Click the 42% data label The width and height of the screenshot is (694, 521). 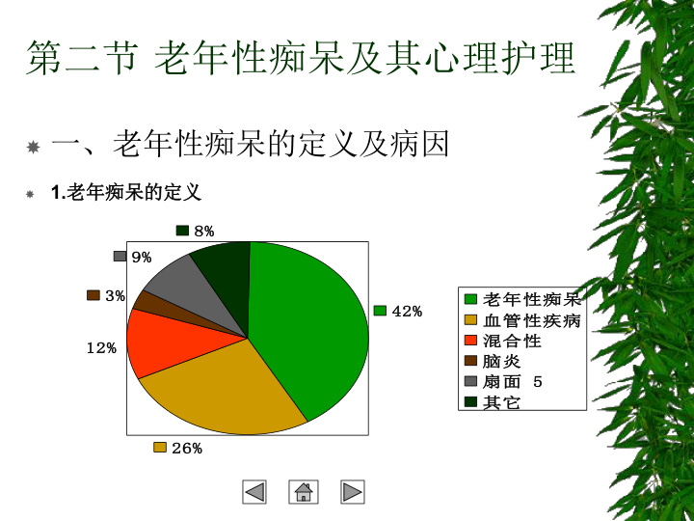coord(407,312)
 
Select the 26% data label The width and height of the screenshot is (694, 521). coord(187,449)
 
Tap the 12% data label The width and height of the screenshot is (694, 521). coord(101,348)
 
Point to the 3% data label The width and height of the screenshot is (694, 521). coord(115,295)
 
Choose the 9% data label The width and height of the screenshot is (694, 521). coord(142,257)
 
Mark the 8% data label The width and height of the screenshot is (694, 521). coord(204,231)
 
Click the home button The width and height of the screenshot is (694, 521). coord(304,492)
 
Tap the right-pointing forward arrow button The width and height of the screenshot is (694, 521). coord(353,492)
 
